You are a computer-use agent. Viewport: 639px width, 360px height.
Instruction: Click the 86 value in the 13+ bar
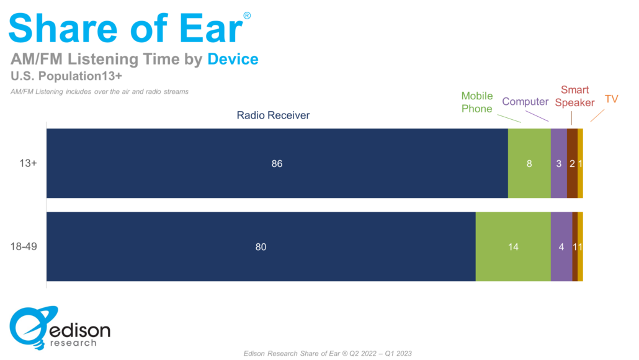(x=277, y=163)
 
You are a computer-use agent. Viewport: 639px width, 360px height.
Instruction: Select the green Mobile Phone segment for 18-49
(x=513, y=246)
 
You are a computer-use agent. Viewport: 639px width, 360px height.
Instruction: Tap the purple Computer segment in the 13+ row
(x=559, y=163)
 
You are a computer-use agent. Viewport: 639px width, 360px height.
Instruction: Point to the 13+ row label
(x=28, y=163)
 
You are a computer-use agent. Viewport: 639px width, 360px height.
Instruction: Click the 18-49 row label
(x=24, y=246)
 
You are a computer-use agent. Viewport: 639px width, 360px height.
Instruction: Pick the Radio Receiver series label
(x=273, y=115)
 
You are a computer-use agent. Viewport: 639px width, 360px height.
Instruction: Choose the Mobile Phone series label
(x=477, y=102)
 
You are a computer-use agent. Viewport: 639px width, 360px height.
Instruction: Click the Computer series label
(x=525, y=102)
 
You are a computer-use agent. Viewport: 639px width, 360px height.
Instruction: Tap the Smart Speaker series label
(x=574, y=96)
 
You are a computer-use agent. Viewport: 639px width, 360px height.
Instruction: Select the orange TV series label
(x=611, y=99)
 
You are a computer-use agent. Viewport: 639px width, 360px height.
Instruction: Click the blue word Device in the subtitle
(x=233, y=59)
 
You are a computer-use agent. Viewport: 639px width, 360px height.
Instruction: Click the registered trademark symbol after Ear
(x=247, y=16)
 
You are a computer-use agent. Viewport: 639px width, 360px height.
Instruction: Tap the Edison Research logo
(x=60, y=328)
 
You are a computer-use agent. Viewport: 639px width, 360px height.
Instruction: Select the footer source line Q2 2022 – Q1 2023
(x=328, y=353)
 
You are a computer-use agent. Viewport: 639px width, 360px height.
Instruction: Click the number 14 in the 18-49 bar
(x=513, y=246)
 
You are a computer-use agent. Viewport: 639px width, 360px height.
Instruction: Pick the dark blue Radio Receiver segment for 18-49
(x=261, y=246)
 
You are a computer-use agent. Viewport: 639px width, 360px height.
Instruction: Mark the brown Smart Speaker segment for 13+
(x=572, y=163)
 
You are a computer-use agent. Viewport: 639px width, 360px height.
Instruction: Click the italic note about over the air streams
(x=99, y=92)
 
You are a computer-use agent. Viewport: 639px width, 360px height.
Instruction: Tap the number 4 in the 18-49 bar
(x=561, y=246)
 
